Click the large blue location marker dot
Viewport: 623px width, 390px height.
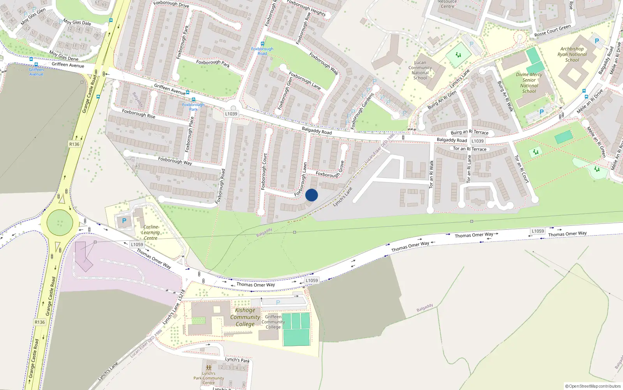click(x=311, y=195)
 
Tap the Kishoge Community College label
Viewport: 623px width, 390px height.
click(x=245, y=317)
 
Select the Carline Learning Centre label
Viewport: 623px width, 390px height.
click(x=151, y=232)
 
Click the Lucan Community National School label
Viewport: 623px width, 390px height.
click(x=420, y=70)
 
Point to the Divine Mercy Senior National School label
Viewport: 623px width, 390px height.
click(x=529, y=83)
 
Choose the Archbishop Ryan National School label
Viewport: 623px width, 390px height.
click(x=572, y=55)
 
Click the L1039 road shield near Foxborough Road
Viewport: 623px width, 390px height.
click(x=231, y=114)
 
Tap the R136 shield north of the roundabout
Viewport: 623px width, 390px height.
click(x=74, y=144)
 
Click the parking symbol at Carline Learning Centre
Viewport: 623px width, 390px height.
click(x=124, y=221)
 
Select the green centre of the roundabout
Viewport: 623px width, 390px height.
click(x=60, y=223)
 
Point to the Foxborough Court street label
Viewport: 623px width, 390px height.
click(x=264, y=172)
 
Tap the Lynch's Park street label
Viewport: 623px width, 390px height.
click(x=237, y=360)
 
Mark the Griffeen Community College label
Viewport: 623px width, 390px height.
click(x=273, y=322)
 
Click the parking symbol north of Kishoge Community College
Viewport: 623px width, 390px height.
click(x=278, y=303)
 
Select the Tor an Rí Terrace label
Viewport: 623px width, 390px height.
click(x=470, y=149)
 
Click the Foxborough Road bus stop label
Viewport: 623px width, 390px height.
click(x=262, y=51)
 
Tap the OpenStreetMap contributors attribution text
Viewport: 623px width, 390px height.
click(x=593, y=386)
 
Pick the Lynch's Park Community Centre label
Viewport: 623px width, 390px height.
click(x=208, y=378)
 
